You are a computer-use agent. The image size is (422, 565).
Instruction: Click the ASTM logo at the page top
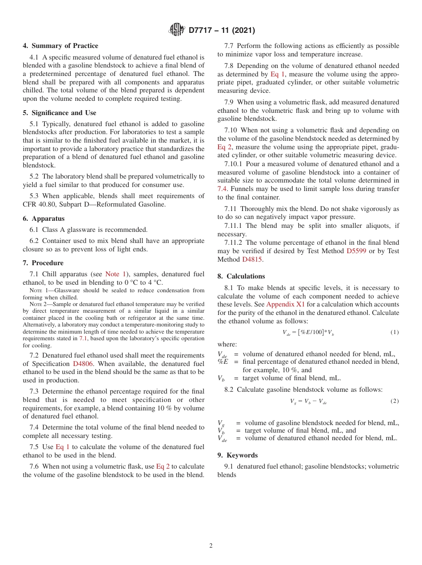tap(177, 30)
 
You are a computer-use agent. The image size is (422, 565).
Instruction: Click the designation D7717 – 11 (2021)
tap(222, 31)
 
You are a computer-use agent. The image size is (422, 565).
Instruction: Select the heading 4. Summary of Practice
tap(60, 46)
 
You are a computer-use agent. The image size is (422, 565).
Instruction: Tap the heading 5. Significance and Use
tap(60, 113)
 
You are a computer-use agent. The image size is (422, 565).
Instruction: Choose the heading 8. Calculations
tap(241, 276)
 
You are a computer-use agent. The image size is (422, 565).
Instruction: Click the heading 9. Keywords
tap(238, 455)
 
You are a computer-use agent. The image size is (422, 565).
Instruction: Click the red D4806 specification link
tap(83, 364)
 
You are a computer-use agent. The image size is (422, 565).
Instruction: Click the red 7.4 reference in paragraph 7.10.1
tap(222, 189)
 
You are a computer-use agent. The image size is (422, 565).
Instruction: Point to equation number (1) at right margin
tap(394, 332)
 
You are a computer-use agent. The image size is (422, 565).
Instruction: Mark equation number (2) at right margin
tap(394, 401)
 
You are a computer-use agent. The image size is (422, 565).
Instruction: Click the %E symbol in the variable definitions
tap(223, 362)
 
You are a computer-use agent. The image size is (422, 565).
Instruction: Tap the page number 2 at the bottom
tap(211, 546)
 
